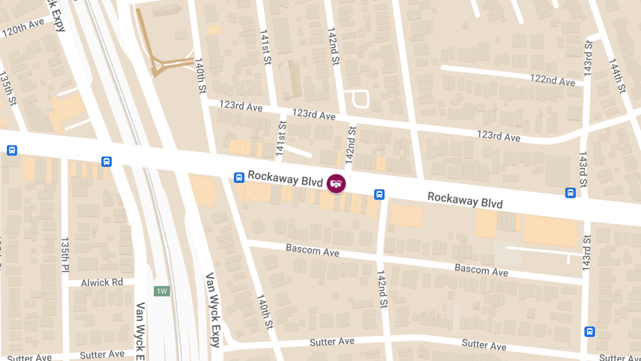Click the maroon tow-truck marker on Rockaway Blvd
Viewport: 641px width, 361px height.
[336, 183]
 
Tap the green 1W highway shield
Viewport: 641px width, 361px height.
[161, 291]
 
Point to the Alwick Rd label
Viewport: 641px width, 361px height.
[102, 282]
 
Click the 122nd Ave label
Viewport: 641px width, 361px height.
[552, 80]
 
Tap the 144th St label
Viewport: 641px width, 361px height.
[616, 76]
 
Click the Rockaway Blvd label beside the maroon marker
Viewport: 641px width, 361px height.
[285, 179]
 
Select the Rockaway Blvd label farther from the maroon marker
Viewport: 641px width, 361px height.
[465, 201]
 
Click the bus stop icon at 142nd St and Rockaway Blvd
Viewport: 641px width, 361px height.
[379, 194]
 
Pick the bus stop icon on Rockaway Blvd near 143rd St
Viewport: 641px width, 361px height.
[570, 193]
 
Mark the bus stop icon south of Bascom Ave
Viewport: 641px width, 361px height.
[589, 332]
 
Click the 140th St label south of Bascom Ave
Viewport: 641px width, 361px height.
[264, 311]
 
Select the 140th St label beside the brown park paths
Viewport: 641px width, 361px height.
[200, 76]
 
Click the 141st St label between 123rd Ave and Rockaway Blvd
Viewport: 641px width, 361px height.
[281, 139]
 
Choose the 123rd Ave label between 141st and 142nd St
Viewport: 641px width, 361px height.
[314, 114]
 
